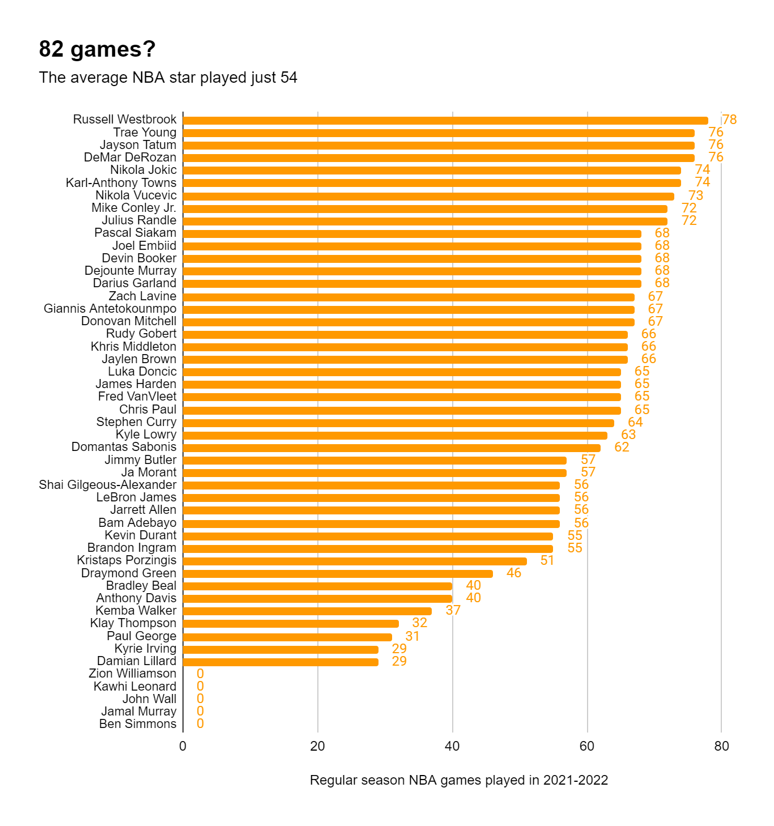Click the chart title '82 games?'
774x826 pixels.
[x=97, y=49]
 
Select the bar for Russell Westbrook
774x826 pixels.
[x=445, y=121]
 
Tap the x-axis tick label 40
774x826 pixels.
[x=452, y=746]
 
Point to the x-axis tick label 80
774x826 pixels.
[x=721, y=746]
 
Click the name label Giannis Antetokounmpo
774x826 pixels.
[x=110, y=309]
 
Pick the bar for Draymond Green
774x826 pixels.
[x=338, y=574]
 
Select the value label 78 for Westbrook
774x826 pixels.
[x=729, y=120]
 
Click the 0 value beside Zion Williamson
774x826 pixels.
[x=200, y=674]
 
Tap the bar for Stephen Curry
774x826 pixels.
[x=398, y=423]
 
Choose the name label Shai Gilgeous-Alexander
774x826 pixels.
[x=108, y=485]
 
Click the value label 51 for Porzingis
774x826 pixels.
[x=547, y=560]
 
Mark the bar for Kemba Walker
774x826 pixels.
[x=307, y=611]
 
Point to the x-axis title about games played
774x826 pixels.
[x=458, y=780]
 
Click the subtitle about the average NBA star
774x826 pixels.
[x=168, y=78]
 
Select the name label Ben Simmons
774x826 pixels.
[x=138, y=724]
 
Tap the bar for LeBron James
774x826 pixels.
[x=371, y=498]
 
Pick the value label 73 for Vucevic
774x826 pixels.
[x=695, y=195]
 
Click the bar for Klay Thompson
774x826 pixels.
[x=291, y=624]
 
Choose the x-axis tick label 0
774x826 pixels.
[x=182, y=746]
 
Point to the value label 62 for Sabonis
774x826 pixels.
[x=622, y=447]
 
